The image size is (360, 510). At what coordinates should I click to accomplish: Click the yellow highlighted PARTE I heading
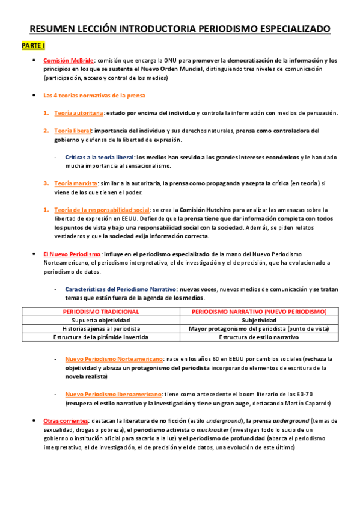29,46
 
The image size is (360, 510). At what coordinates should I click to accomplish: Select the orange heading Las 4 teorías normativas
94,96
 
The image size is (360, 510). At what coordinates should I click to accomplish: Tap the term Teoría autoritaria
79,113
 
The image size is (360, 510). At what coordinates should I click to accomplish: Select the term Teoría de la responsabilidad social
101,210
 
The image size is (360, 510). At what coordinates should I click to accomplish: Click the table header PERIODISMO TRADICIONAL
101,312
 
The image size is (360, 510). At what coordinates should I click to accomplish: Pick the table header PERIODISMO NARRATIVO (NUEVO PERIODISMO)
258,312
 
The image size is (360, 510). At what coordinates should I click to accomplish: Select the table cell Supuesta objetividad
101,321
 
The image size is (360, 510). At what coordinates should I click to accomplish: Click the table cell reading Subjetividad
258,321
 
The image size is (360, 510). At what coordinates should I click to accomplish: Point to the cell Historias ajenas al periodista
101,329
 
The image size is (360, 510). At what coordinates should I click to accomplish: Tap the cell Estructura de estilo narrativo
258,337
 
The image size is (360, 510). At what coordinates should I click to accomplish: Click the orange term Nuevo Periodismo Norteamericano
114,359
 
